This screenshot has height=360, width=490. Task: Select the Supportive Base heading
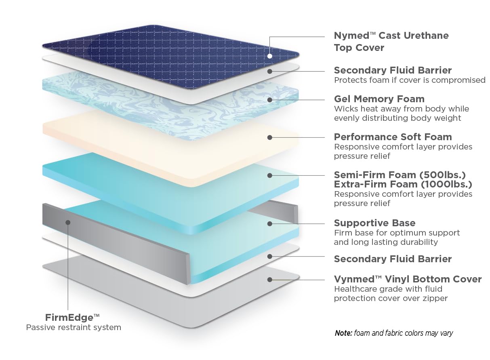(x=374, y=223)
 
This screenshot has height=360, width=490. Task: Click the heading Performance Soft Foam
(x=393, y=137)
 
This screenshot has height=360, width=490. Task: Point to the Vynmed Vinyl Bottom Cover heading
(x=408, y=279)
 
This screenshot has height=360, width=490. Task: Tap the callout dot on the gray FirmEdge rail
(x=68, y=222)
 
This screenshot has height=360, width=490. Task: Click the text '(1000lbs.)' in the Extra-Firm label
(x=447, y=184)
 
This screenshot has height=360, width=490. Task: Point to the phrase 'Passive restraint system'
(x=74, y=327)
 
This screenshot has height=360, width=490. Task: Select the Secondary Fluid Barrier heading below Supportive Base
(x=393, y=259)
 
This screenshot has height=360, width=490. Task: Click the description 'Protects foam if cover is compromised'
(x=410, y=80)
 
